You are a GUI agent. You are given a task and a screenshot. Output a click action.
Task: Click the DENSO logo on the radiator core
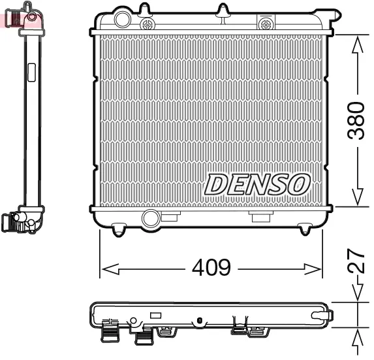[257, 184]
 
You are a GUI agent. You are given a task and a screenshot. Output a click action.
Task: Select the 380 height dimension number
[355, 120]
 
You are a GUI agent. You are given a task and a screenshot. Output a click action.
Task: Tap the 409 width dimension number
[210, 268]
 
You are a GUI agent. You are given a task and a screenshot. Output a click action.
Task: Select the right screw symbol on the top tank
[266, 24]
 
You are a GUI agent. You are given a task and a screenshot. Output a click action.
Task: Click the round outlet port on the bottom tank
[151, 218]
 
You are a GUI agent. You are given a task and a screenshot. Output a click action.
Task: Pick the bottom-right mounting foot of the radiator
[305, 229]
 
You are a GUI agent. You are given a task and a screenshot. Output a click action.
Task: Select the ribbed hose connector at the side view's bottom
[14, 223]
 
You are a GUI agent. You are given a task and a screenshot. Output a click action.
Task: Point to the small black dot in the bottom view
[197, 320]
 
